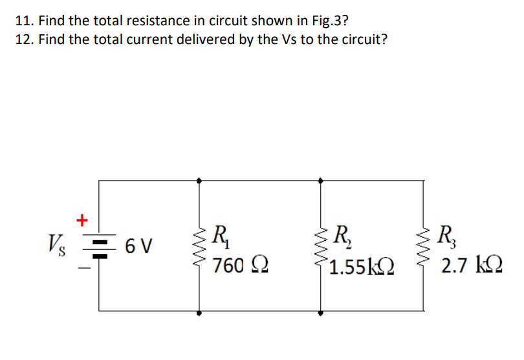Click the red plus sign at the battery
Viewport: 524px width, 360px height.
coord(82,219)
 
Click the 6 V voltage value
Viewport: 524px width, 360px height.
coord(139,247)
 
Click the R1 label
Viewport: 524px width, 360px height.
coord(220,234)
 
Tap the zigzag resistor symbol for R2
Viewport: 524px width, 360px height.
coord(322,247)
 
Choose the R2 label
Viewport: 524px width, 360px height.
coord(339,234)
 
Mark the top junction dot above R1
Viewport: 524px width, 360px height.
coord(199,181)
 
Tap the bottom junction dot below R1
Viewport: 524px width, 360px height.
coord(199,313)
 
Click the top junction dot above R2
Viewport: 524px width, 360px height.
coord(322,181)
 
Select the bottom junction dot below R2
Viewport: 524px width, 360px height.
coord(322,313)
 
